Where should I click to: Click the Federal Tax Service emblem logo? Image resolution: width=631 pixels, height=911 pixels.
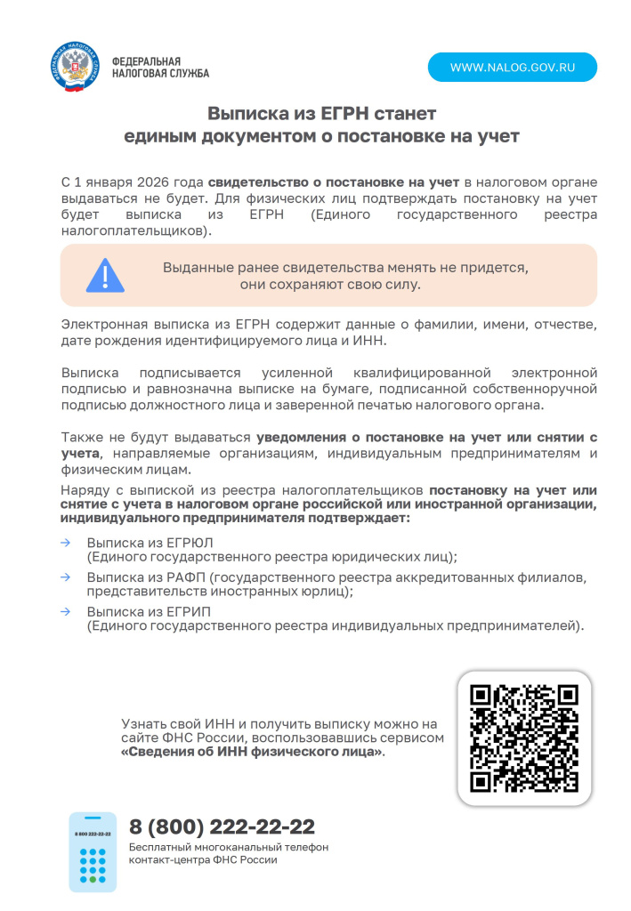coord(76,67)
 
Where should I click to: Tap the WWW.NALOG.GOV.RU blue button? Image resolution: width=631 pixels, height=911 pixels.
coord(512,68)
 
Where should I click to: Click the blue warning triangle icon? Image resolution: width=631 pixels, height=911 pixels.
coord(105,275)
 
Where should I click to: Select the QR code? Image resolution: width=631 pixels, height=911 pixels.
coord(524,738)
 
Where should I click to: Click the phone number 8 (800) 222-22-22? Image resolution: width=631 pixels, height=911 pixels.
coord(222,826)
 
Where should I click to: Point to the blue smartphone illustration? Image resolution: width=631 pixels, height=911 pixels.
coord(93,851)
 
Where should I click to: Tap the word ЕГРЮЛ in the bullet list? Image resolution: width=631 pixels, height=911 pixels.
coord(190,542)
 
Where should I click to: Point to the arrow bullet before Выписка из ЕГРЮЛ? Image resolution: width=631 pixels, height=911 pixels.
coord(65,542)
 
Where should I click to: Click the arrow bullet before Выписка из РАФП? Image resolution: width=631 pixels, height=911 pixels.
coord(65,577)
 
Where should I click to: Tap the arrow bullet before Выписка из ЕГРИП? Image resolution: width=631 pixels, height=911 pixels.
coord(65,612)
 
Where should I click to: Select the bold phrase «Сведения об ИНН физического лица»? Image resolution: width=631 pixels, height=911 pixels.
coord(253,752)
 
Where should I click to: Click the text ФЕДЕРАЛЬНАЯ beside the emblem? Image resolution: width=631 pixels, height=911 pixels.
coord(148,61)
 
